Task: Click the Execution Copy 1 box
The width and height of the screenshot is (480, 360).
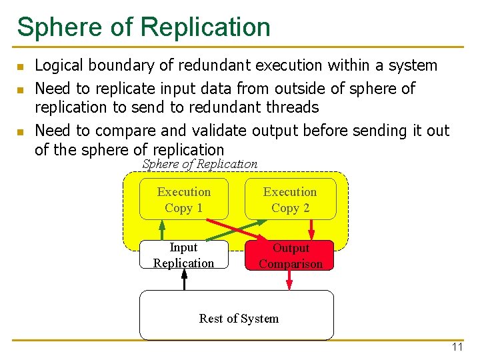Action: [183, 199]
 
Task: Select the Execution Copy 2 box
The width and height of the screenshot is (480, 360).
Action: [290, 199]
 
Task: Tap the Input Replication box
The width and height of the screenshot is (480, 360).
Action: [183, 255]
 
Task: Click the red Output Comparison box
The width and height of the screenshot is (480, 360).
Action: [290, 255]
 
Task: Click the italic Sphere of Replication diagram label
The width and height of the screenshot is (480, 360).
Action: [200, 164]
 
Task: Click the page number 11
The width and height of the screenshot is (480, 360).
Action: [457, 347]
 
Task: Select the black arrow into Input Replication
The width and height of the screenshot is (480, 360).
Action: [185, 279]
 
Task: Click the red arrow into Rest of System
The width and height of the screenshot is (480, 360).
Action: [289, 280]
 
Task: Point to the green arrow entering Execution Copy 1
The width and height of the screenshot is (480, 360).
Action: [162, 229]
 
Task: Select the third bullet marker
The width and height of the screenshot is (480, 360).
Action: [21, 132]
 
